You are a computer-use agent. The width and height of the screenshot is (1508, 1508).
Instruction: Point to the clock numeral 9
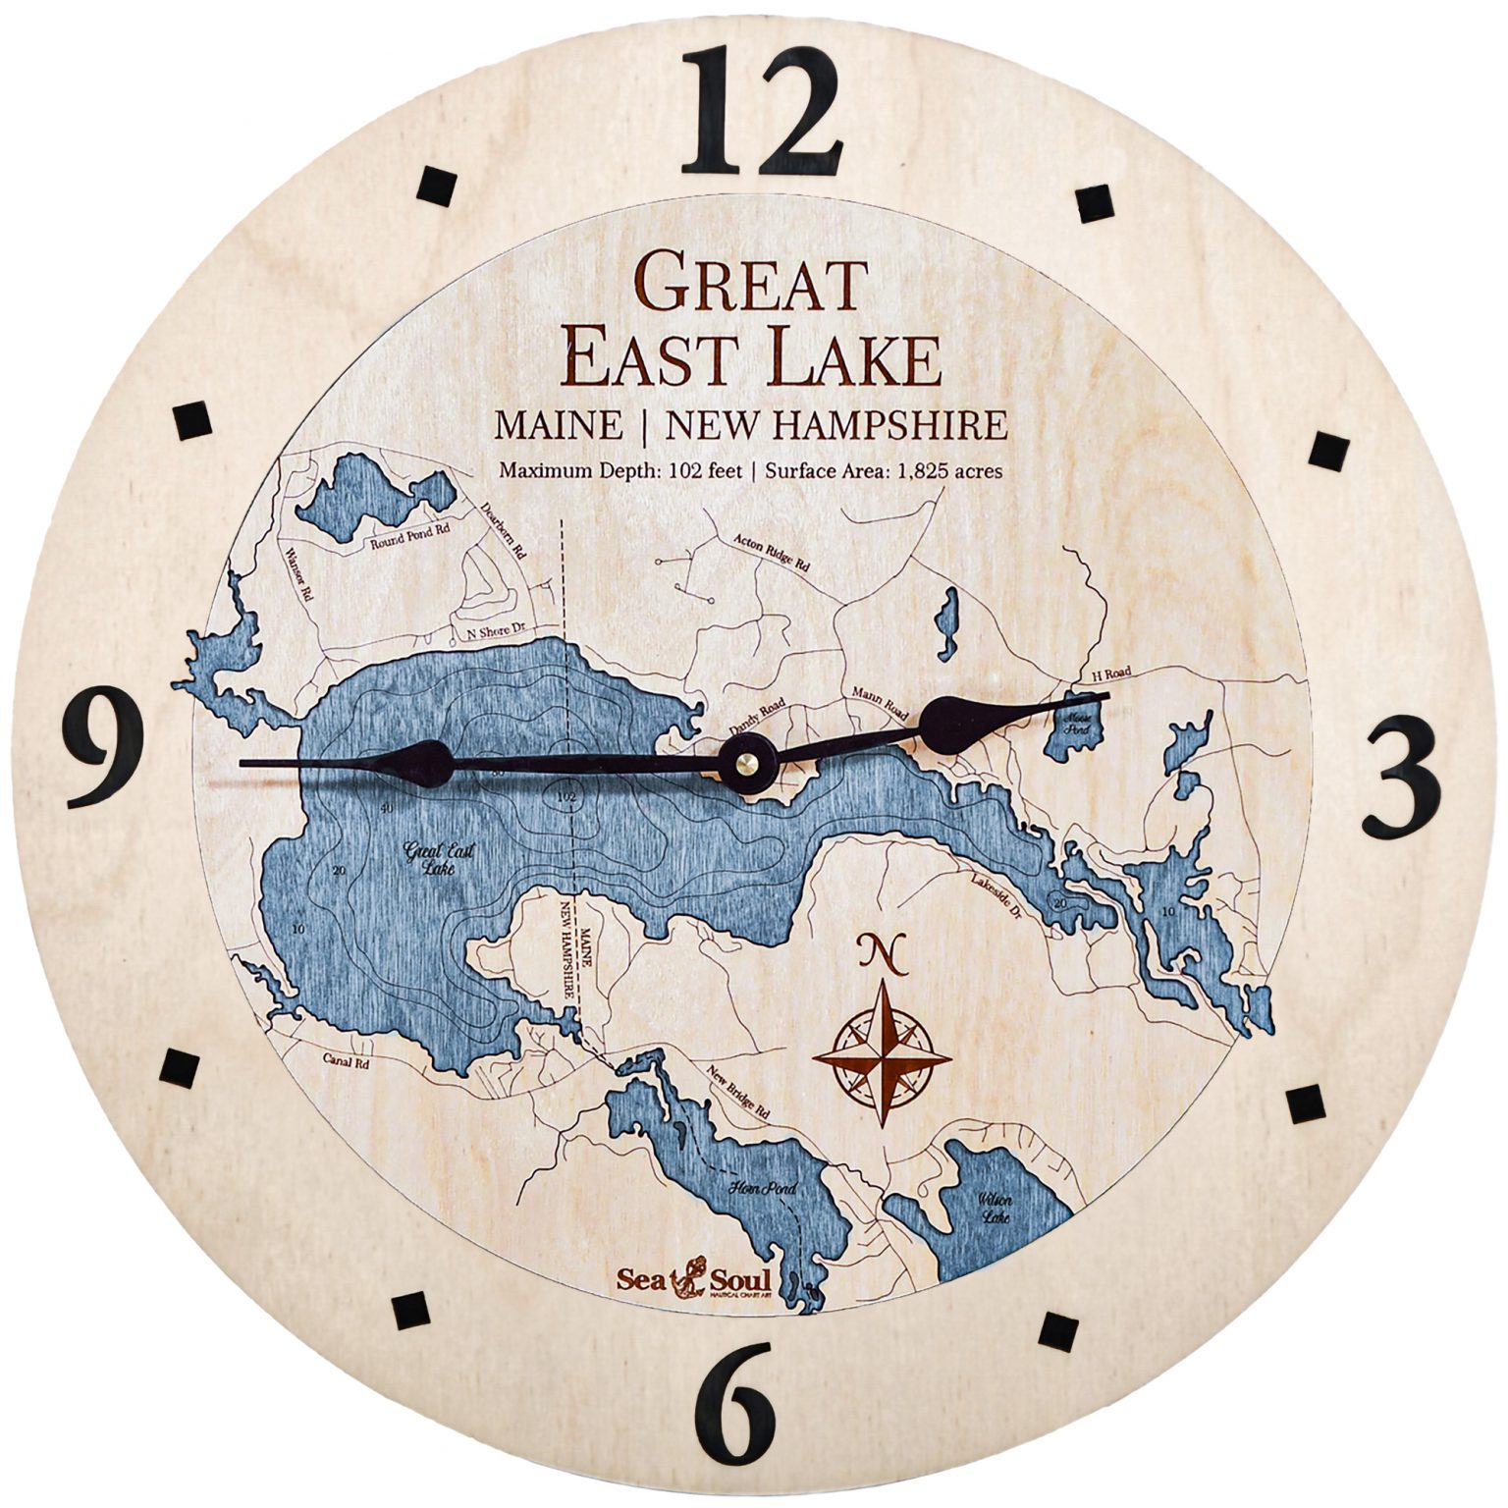pos(105,747)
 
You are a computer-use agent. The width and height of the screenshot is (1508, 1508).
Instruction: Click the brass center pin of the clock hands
pos(748,762)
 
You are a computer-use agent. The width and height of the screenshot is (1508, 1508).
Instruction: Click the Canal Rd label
pos(347,1062)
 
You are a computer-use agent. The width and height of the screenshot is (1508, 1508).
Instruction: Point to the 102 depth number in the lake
pos(565,795)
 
